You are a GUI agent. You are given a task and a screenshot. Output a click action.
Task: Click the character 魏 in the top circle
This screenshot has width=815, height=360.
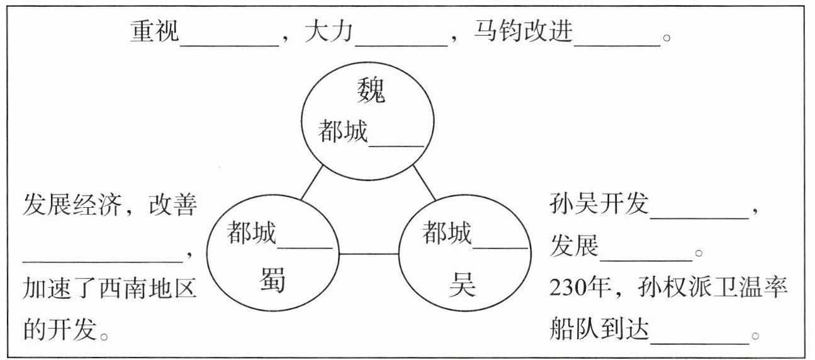[370, 92]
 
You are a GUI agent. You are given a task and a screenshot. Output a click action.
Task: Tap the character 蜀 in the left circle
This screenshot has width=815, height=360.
[273, 281]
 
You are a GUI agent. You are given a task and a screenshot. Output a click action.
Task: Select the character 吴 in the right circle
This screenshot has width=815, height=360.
[463, 285]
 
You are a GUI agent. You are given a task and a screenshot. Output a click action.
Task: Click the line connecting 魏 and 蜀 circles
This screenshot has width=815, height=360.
[312, 183]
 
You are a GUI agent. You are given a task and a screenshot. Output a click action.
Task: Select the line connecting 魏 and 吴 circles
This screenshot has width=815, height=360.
[424, 183]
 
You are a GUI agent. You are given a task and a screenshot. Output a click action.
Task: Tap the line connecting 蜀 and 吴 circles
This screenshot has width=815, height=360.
[368, 254]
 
